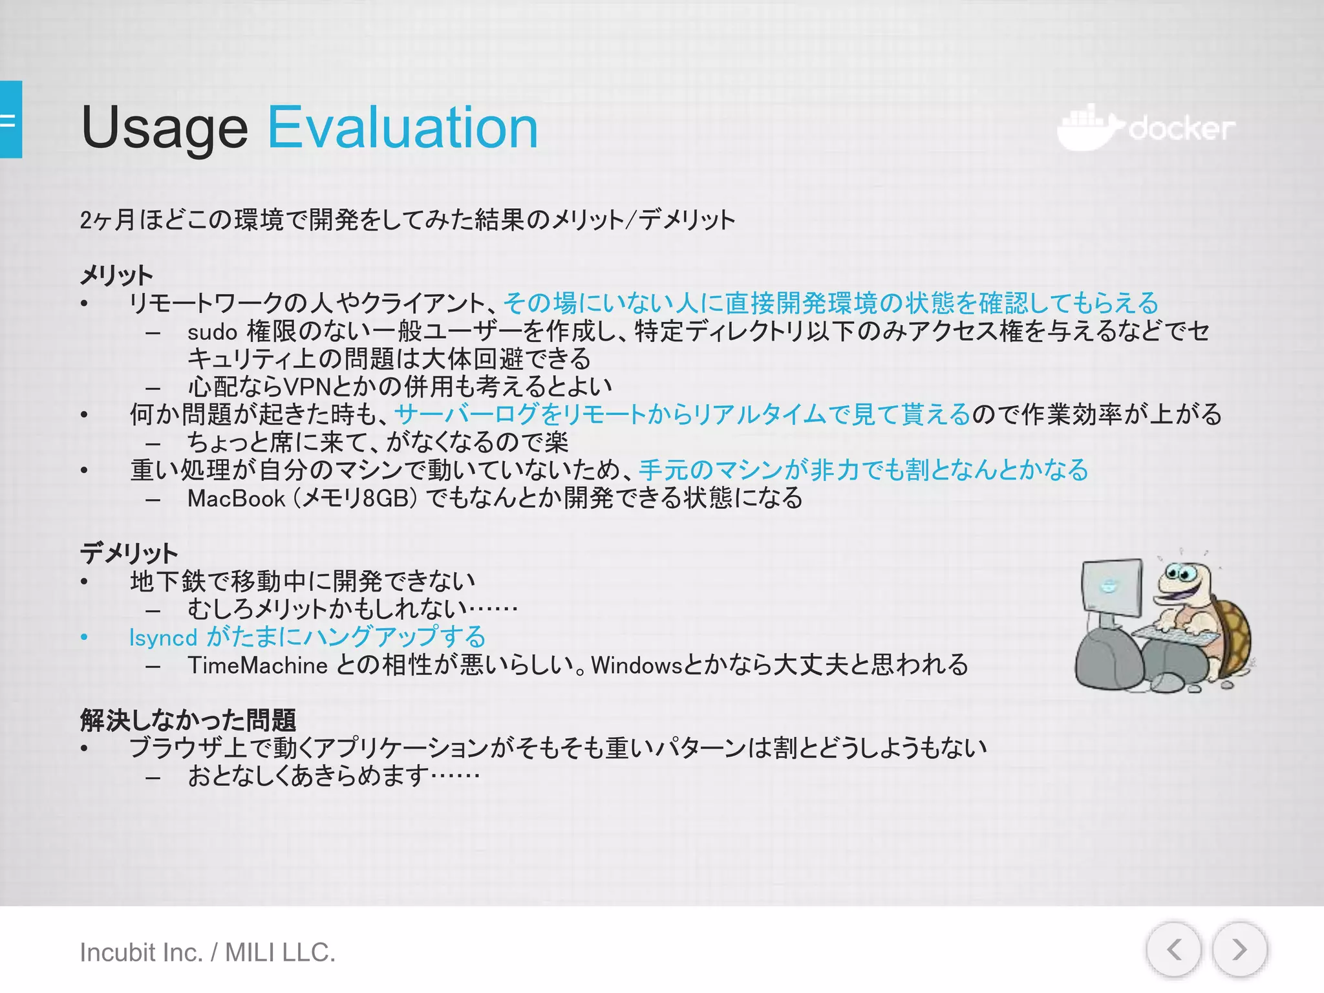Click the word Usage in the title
tap(164, 128)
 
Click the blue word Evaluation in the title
tap(402, 128)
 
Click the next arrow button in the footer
tap(1239, 950)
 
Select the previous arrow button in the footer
tap(1174, 950)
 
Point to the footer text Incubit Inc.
tap(141, 952)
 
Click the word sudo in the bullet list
tap(212, 332)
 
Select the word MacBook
tap(236, 498)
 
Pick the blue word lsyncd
tap(163, 637)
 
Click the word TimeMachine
tap(257, 665)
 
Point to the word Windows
tap(636, 665)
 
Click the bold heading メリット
tap(116, 275)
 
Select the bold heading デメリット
tap(129, 553)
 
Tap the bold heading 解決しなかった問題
tap(187, 720)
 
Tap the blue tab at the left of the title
tap(11, 120)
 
